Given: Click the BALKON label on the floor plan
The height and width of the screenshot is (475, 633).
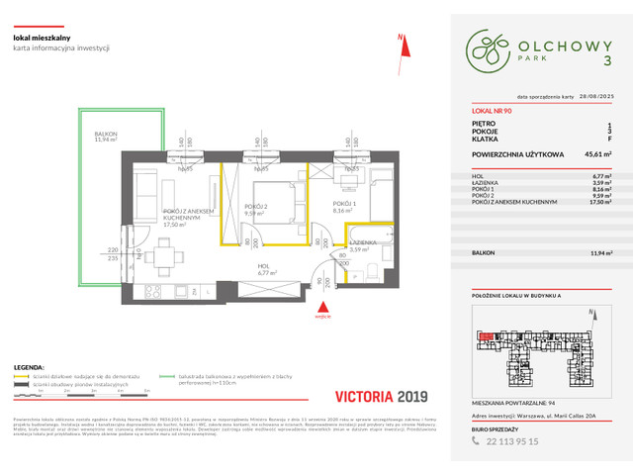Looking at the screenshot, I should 99,137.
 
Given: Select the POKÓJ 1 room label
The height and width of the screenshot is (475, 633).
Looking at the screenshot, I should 343,207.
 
